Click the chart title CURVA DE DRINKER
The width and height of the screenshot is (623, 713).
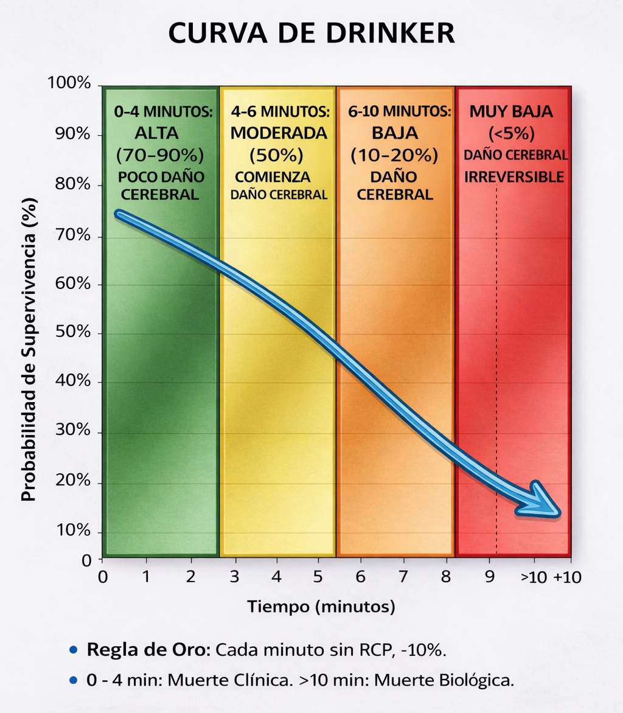click(x=311, y=34)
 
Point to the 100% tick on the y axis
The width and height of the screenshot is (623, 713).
click(x=69, y=83)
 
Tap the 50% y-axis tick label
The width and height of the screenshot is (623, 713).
click(x=72, y=333)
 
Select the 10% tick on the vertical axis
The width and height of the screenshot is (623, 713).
click(x=72, y=532)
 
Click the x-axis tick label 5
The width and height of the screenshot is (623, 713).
click(x=318, y=577)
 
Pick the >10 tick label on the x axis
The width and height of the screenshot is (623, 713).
click(x=534, y=577)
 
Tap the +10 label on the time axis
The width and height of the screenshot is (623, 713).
click(x=567, y=577)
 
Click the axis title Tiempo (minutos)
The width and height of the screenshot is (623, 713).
click(x=321, y=607)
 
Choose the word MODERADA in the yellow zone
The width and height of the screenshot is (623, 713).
click(x=279, y=133)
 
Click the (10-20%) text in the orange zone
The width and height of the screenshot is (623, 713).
click(x=394, y=155)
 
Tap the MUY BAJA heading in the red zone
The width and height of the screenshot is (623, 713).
click(x=511, y=112)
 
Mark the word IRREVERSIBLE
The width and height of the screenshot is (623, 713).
click(x=515, y=177)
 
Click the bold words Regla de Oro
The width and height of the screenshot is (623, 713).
click(x=148, y=649)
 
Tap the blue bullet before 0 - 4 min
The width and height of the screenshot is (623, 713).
click(x=74, y=680)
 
